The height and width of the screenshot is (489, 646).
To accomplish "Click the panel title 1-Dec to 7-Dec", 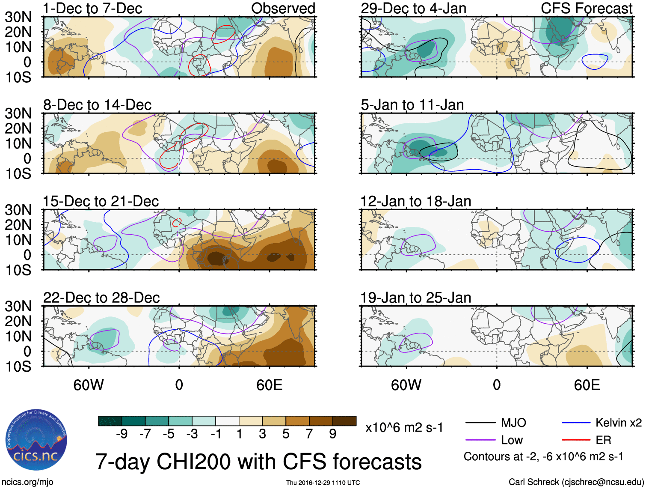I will pyautogui.click(x=92, y=9).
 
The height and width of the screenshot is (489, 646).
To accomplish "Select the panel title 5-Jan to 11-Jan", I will pyautogui.click(x=412, y=105).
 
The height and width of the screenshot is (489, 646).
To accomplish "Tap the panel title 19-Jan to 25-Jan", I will pyautogui.click(x=416, y=298).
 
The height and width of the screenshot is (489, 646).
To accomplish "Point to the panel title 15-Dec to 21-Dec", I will pyautogui.click(x=101, y=201).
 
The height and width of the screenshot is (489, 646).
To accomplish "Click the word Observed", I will pyautogui.click(x=283, y=9).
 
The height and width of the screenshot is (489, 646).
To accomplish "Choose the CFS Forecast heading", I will pyautogui.click(x=587, y=9).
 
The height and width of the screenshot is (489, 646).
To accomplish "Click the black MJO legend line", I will pyautogui.click(x=480, y=423).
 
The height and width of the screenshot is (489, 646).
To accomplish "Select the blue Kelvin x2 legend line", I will pyautogui.click(x=576, y=423).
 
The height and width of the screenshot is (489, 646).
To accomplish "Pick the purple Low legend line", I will pyautogui.click(x=480, y=440).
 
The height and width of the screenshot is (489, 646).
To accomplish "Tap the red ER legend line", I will pyautogui.click(x=576, y=440).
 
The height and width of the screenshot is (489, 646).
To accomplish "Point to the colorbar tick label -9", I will pyautogui.click(x=122, y=434).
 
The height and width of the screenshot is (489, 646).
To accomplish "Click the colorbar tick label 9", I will pyautogui.click(x=332, y=434).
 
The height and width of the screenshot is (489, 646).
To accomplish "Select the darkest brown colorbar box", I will pyautogui.click(x=344, y=421).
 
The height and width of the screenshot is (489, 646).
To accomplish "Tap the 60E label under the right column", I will pyautogui.click(x=587, y=385).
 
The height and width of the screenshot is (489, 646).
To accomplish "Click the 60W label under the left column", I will pyautogui.click(x=89, y=385).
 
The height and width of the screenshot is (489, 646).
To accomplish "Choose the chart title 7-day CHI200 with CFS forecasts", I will pyautogui.click(x=258, y=462).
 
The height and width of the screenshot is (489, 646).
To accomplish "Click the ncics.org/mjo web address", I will pyautogui.click(x=27, y=482).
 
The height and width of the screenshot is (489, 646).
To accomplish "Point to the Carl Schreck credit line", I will pyautogui.click(x=576, y=482).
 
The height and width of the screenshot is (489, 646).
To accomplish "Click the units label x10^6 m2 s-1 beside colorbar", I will pyautogui.click(x=404, y=427).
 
